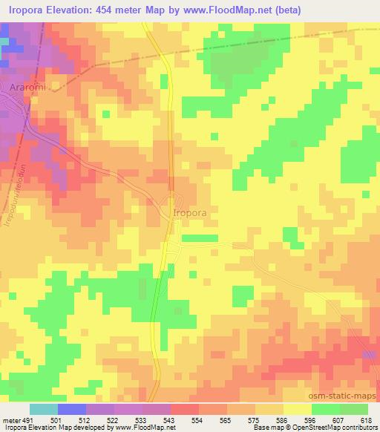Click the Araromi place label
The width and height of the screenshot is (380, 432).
29,88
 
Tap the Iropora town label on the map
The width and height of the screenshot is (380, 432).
189,212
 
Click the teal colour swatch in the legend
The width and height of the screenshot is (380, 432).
44,409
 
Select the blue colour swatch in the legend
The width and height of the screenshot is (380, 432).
72,409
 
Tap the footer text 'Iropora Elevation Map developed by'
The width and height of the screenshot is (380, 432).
45,428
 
